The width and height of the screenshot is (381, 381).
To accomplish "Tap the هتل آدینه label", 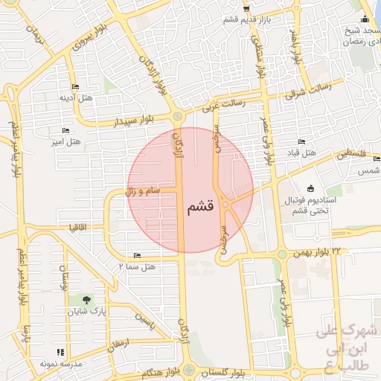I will (77, 97).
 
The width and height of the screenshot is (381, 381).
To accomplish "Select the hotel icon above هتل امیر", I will (65, 130).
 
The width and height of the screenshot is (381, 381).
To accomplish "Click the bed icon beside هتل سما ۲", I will (136, 255).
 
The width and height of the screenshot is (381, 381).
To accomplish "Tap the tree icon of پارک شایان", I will (88, 301).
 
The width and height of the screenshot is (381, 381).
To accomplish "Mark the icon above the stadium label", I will (310, 188).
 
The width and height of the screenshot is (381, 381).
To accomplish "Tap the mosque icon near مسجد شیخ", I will (364, 19).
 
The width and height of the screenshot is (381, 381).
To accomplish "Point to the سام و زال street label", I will (141, 193).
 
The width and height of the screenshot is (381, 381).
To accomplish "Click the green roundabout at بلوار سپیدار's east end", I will (177, 116).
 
